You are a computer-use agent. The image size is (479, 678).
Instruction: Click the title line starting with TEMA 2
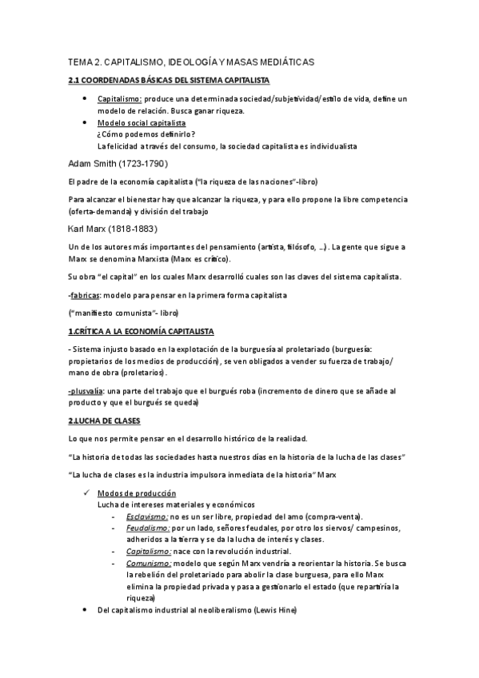point(191,61)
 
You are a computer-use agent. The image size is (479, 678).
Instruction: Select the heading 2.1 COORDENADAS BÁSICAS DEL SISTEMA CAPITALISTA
point(169,81)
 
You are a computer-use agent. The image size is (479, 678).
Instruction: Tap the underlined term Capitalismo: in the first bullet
point(119,98)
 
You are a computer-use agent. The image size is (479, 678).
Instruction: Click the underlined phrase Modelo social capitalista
point(142,124)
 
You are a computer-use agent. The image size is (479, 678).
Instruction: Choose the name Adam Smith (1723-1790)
point(118,163)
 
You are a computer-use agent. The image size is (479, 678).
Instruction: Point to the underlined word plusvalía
point(86,390)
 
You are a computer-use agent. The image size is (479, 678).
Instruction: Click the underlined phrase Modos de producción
point(137,493)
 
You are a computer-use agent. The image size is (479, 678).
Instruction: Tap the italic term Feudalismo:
point(147,528)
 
